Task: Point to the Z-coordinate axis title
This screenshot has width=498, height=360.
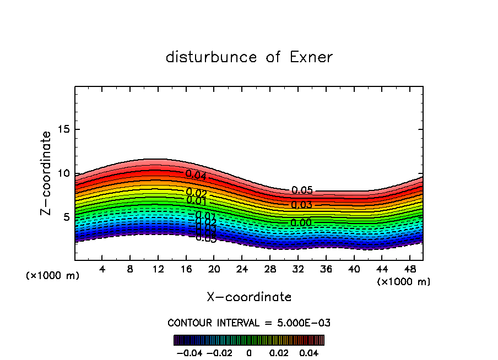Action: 46,173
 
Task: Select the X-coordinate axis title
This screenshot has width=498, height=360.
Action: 249,297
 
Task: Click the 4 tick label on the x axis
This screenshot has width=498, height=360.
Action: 102,269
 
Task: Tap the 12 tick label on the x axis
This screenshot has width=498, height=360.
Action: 158,269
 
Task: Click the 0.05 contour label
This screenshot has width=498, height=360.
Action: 302,190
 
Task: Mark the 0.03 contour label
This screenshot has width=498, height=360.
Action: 301,205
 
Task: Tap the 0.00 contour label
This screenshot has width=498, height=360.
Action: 301,223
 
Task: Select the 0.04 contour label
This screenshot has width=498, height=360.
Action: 196,175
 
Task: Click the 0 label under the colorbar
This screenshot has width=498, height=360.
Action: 249,352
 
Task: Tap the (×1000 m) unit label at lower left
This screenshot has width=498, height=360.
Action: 53,276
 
